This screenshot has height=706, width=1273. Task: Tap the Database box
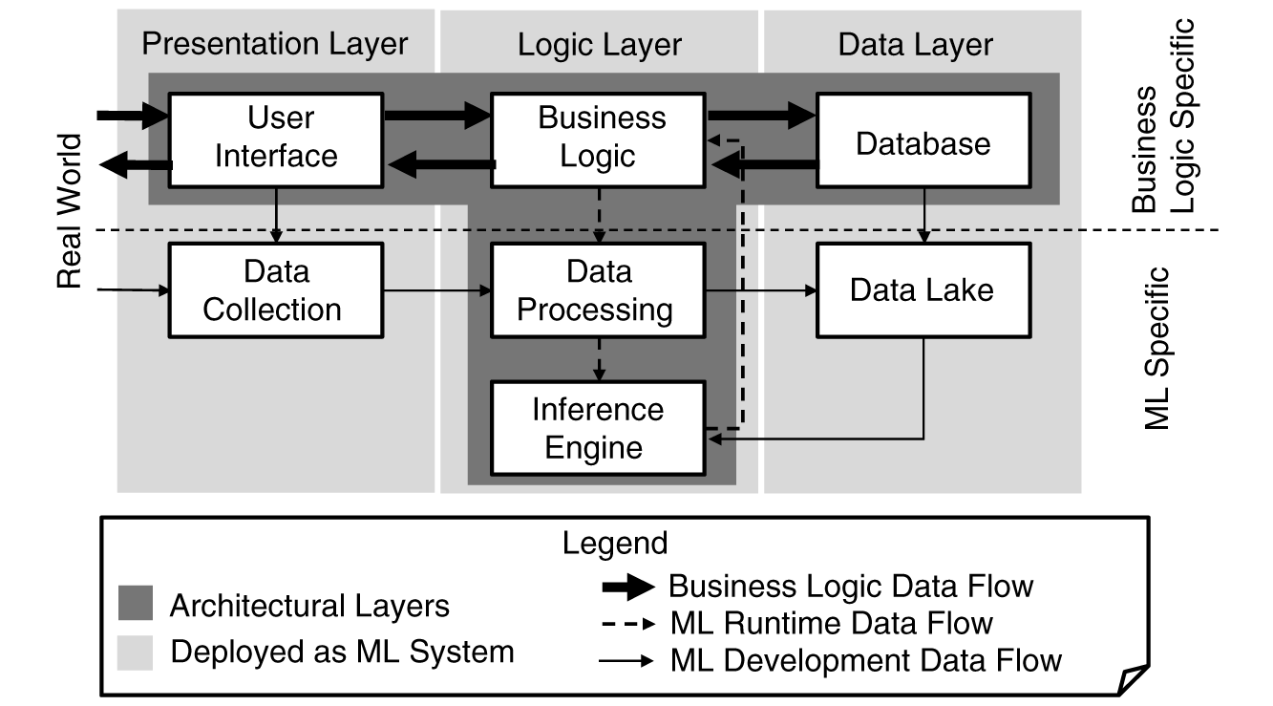923,144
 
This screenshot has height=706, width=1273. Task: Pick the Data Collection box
275,290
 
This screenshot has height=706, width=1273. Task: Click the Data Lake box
923,290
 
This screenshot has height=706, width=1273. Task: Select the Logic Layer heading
599,44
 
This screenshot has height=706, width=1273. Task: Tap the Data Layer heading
915,44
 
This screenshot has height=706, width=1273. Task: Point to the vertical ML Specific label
1156,349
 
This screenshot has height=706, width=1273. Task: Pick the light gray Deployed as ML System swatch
135,653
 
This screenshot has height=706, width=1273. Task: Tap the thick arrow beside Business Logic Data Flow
626,587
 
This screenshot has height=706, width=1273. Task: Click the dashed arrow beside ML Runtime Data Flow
626,624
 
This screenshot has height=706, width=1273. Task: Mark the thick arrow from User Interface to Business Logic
436,116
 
